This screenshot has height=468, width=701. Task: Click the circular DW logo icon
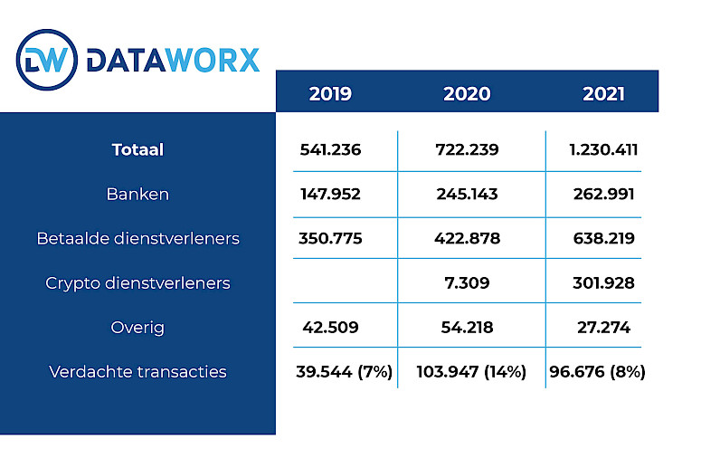[x=47, y=60]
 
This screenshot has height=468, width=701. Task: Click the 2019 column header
[x=330, y=93]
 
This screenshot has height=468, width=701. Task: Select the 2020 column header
[x=467, y=93]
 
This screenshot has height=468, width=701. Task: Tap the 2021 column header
[x=602, y=93]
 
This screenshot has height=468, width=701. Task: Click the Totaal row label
[x=137, y=150]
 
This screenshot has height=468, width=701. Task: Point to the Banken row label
[x=137, y=194]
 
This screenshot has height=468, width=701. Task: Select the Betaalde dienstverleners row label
[x=137, y=238]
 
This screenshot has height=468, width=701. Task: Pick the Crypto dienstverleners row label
[x=137, y=282]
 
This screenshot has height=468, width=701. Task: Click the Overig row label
[x=137, y=327]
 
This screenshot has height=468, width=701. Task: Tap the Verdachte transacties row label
[x=137, y=371]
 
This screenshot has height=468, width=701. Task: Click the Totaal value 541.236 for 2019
[x=330, y=150]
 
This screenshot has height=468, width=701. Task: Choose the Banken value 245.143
[x=467, y=194]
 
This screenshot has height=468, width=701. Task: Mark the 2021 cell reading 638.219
[x=603, y=238]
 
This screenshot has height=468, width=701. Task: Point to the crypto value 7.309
[x=467, y=282]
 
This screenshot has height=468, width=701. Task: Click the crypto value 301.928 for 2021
[x=603, y=282]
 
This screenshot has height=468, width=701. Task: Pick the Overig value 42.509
[x=330, y=327]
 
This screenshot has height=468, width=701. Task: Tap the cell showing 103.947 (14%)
[x=470, y=371]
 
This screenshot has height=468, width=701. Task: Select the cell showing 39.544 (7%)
[x=344, y=371]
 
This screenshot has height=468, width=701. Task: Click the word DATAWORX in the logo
[x=173, y=61]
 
